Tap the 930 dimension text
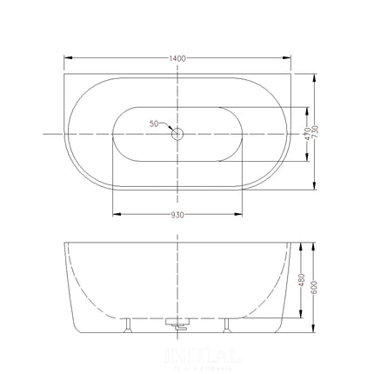pyautogui.click(x=177, y=222)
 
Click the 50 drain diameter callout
pyautogui.click(x=153, y=124)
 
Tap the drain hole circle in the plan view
pyautogui.click(x=177, y=133)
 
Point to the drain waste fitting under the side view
pyautogui.click(x=177, y=326)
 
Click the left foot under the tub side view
pyautogui.click(x=129, y=325)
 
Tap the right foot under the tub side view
pyautogui.click(x=226, y=325)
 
